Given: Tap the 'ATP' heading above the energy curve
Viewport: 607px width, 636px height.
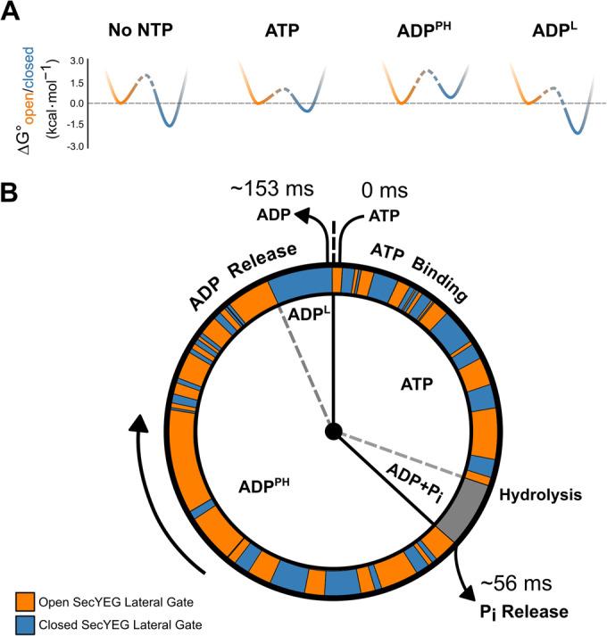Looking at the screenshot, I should coord(279,29).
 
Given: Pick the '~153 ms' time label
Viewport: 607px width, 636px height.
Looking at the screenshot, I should coord(258,190).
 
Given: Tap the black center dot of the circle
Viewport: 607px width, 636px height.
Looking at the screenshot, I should coord(333,432).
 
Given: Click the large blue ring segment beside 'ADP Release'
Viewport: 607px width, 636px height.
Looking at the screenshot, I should coord(301,286).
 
